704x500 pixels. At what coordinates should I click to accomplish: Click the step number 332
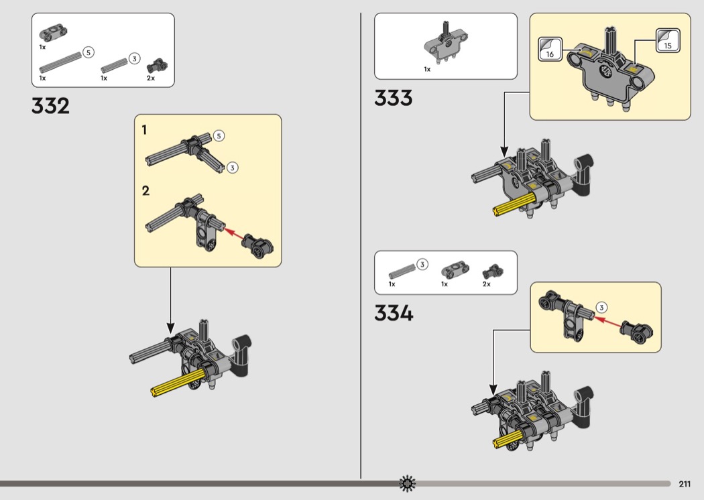tap(50, 106)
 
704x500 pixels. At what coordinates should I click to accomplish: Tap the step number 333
tap(394, 98)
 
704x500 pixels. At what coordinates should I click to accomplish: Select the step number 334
tap(394, 313)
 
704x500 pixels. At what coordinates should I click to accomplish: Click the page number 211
tap(685, 484)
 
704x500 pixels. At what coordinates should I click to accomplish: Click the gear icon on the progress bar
tap(407, 483)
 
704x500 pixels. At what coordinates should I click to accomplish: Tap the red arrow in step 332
tap(235, 233)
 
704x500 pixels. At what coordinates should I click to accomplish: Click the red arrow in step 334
tap(609, 322)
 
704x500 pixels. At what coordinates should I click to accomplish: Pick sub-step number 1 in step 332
tap(144, 130)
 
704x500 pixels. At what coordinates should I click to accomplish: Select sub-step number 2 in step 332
tap(145, 191)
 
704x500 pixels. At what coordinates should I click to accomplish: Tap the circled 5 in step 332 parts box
tap(89, 52)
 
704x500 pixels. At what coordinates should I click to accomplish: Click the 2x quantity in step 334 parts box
tap(487, 284)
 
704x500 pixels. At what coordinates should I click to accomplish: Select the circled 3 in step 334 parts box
tap(422, 264)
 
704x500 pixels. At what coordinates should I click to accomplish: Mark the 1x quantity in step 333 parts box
tap(427, 69)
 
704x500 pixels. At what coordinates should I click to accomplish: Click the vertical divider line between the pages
tap(361, 245)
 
